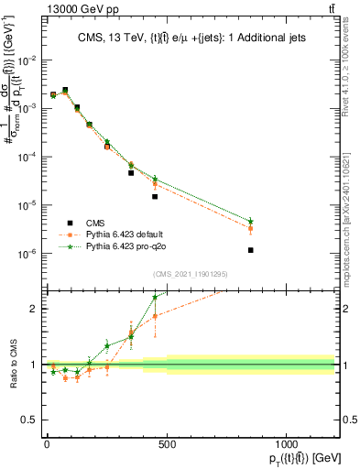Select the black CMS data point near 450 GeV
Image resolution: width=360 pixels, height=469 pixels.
155,196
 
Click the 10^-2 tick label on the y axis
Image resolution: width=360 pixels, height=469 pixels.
27,60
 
